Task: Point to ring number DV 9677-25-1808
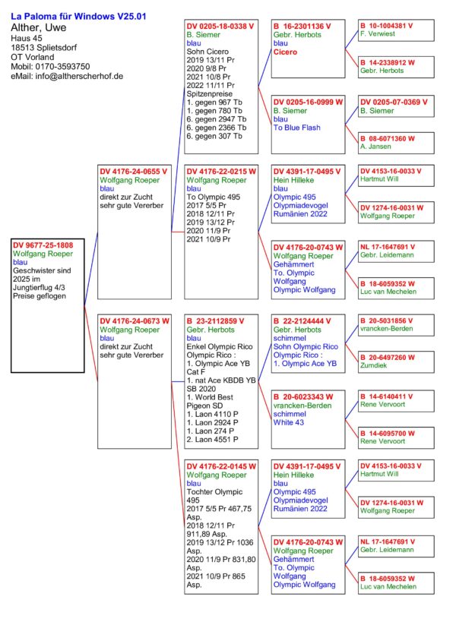point(43,245)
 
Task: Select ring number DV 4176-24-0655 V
point(134,172)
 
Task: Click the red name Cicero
point(285,52)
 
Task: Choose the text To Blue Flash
point(299,128)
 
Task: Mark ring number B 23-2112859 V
point(221,320)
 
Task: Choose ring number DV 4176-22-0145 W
point(221,466)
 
